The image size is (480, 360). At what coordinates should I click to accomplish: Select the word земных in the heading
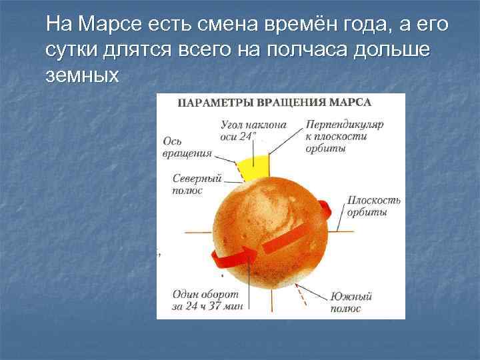(83, 75)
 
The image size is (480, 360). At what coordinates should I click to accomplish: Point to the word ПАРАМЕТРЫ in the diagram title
(214, 104)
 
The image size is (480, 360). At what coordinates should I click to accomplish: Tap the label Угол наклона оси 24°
(253, 130)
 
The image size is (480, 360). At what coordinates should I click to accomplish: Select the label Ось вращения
(186, 147)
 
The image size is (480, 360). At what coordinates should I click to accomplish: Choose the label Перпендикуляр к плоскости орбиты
(344, 136)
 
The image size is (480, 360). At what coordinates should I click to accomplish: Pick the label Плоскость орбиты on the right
(374, 205)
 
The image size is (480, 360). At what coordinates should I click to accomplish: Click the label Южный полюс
(351, 302)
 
